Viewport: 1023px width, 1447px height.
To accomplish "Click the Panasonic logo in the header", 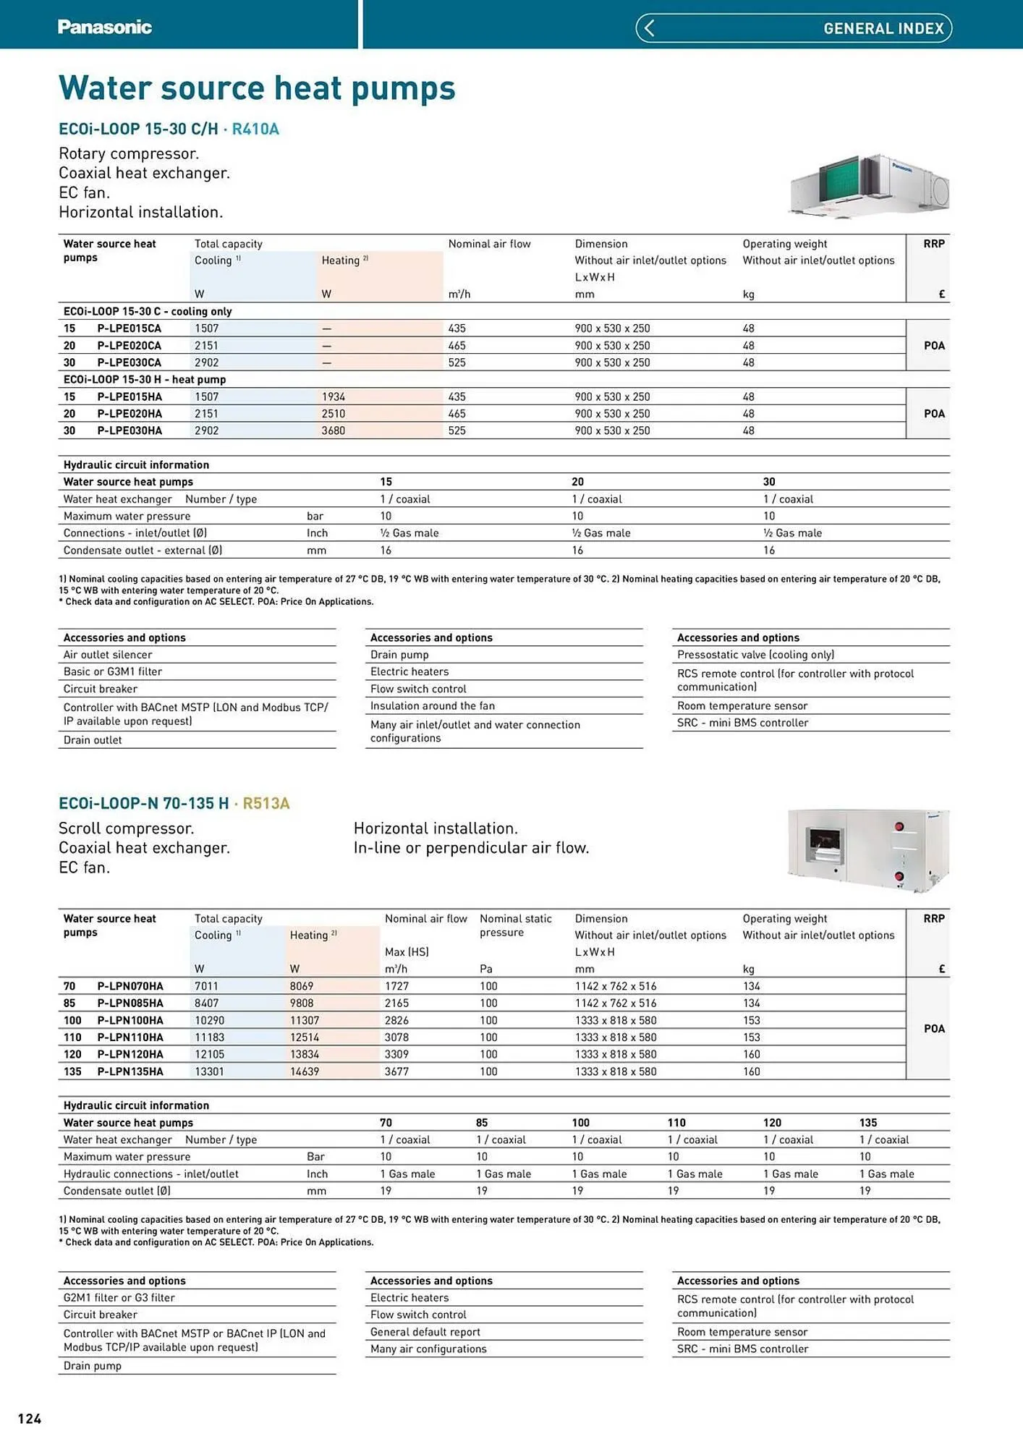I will [105, 27].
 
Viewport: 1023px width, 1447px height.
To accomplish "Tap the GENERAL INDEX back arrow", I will [649, 28].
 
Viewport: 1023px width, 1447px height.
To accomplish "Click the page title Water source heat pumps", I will [257, 88].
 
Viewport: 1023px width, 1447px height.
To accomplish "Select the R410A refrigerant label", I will [255, 129].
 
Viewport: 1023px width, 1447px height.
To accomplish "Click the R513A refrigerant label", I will [266, 804].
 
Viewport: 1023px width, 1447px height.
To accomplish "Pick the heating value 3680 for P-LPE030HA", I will [334, 430].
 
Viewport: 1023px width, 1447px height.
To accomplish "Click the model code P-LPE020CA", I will [130, 346].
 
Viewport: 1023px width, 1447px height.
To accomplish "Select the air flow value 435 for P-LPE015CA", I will [457, 328].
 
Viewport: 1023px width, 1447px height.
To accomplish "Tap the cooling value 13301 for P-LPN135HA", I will [209, 1072].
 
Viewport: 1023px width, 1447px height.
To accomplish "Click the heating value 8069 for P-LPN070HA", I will [302, 986].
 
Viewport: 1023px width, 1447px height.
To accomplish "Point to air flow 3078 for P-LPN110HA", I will [396, 1037].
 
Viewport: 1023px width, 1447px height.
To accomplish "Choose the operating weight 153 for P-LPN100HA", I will [751, 1020].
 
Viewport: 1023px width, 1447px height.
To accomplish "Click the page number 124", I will [30, 1419].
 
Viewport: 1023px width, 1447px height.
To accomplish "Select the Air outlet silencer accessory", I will [108, 655].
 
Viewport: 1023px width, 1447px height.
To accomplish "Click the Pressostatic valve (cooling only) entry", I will [755, 655].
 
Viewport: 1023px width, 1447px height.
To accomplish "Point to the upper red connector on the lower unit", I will [899, 826].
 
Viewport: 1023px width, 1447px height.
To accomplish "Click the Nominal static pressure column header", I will [515, 925].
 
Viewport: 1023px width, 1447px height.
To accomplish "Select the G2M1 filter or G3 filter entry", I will [119, 1298].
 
